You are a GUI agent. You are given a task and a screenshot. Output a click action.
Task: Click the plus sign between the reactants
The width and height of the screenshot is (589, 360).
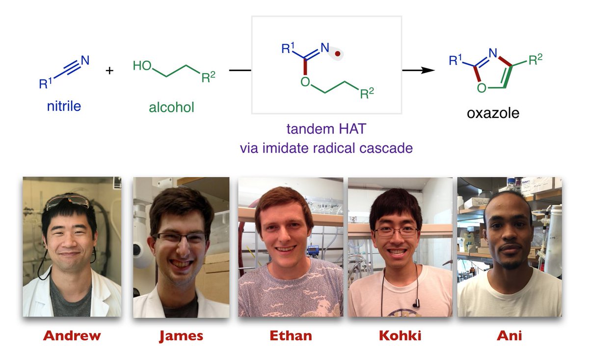109,71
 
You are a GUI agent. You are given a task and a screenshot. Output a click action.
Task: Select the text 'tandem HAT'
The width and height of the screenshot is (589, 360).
326,131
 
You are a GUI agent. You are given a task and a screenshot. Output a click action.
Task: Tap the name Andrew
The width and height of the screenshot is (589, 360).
72,336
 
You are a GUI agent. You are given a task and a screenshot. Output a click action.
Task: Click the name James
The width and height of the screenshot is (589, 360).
181,336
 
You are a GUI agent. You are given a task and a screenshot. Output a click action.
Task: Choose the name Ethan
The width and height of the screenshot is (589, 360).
291,336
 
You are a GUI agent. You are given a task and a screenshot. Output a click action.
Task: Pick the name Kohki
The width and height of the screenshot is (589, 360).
400,336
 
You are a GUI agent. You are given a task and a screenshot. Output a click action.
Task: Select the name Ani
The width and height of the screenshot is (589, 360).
509,336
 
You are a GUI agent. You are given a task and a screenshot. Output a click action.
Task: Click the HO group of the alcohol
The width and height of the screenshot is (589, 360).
142,65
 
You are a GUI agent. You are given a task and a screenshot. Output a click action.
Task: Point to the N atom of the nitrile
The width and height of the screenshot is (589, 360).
85,60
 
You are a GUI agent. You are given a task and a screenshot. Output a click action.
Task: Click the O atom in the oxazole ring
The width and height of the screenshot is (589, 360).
482,88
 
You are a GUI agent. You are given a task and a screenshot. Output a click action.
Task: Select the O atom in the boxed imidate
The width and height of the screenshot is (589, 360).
305,81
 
